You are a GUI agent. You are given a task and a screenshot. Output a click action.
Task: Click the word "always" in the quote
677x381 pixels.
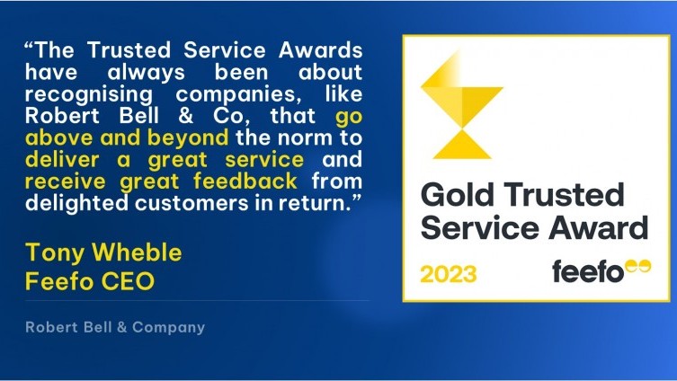146,73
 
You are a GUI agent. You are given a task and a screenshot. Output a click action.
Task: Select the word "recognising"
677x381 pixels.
89,94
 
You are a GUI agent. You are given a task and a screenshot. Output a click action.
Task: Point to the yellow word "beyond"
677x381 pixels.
188,137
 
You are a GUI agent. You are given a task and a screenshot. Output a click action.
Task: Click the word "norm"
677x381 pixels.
306,137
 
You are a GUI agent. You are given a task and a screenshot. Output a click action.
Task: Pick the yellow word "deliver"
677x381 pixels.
62,159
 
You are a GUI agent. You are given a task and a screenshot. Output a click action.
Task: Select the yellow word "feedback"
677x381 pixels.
245,181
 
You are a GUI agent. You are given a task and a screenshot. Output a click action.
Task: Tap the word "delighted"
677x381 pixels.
76,203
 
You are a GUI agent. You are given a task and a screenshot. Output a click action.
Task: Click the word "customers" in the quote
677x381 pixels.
192,203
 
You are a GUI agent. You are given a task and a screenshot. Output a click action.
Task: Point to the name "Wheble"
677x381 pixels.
137,252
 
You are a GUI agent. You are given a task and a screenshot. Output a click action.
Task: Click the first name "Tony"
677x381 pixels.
55,253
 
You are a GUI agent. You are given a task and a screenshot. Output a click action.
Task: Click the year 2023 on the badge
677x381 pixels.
449,274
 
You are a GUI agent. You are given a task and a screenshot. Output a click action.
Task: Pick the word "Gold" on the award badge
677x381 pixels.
458,195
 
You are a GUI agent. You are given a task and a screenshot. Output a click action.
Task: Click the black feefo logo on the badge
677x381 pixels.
588,271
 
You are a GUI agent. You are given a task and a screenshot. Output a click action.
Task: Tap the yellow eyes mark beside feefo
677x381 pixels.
638,267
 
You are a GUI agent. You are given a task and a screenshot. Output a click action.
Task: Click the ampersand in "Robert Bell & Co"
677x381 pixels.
185,116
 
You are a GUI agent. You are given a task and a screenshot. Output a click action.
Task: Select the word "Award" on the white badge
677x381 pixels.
599,227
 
